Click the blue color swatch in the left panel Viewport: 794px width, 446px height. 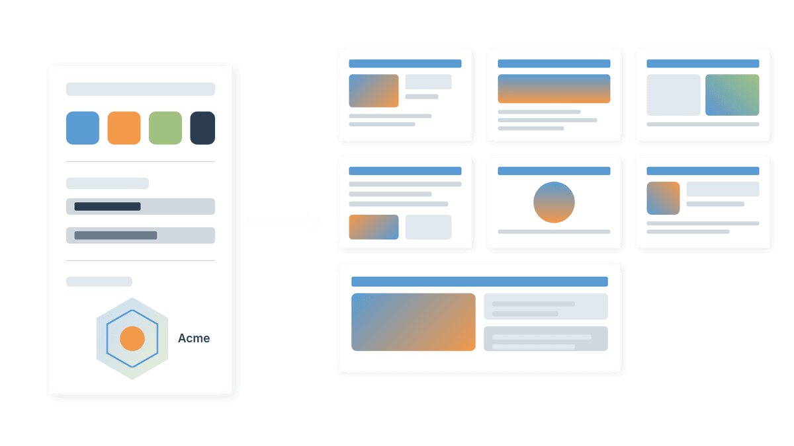point(83,128)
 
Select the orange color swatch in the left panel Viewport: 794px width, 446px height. point(124,128)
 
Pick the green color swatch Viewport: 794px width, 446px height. point(165,128)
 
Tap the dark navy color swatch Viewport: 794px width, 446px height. point(202,128)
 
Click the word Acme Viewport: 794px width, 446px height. point(194,338)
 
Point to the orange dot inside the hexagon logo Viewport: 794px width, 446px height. point(132,338)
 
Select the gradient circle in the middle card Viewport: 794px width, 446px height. point(554,202)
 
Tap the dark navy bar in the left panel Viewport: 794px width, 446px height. point(107,206)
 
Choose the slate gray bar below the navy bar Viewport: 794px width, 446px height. point(116,235)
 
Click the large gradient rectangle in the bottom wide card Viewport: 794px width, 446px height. point(414,322)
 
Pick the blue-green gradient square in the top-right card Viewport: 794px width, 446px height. point(732,95)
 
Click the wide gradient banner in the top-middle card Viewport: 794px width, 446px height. point(554,89)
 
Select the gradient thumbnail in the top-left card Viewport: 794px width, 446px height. point(374,91)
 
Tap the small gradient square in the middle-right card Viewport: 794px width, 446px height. point(663,198)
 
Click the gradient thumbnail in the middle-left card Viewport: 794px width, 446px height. point(374,227)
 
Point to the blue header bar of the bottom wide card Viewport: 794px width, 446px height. point(480,281)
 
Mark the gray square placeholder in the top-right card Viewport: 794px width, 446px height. point(674,95)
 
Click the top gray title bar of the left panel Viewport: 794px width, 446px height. point(140,89)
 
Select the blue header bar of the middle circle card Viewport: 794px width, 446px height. point(554,171)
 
